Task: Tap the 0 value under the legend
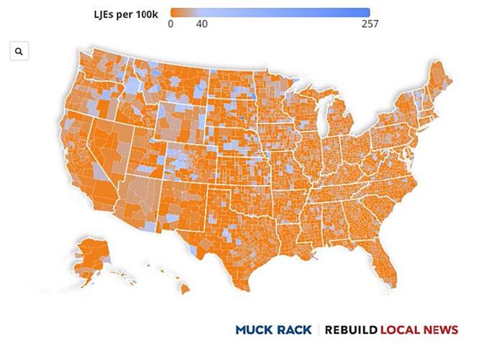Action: click(x=171, y=24)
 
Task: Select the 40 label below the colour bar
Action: click(x=202, y=24)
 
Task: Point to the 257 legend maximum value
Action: click(x=370, y=24)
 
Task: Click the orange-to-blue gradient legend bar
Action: click(x=270, y=12)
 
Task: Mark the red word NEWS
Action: click(x=443, y=330)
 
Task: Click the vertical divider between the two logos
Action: click(x=318, y=330)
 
